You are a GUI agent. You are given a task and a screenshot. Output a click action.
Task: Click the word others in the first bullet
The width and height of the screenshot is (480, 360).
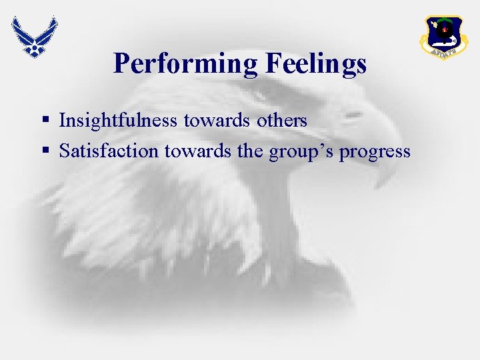281,121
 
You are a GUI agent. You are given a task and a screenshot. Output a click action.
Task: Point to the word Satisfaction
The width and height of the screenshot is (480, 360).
109,151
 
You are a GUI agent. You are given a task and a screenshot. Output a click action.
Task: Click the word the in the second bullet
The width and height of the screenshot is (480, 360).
250,151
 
